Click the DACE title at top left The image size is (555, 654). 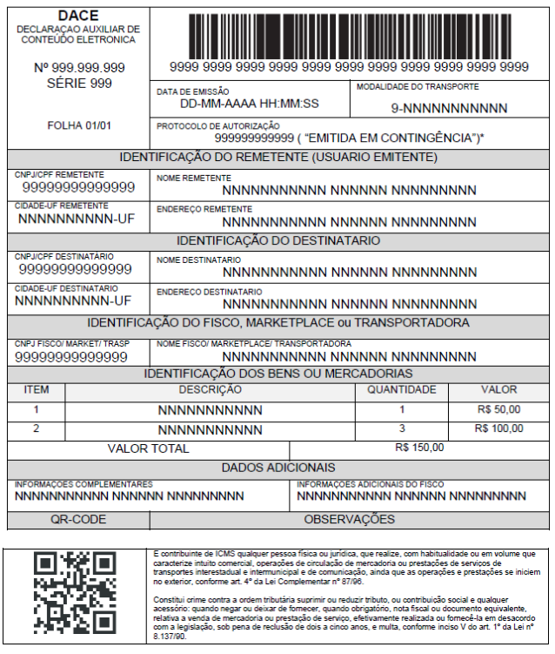[x=78, y=16]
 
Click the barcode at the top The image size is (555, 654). [x=349, y=33]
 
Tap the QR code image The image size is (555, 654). [x=74, y=592]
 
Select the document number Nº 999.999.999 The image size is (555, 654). [x=79, y=67]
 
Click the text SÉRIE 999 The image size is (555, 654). [x=79, y=84]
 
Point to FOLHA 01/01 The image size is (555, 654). [x=79, y=125]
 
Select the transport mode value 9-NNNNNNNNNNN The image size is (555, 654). [x=449, y=108]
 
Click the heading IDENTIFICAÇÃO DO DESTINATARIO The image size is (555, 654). [x=278, y=240]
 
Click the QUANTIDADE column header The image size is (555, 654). [x=402, y=389]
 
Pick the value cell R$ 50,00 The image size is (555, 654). [x=499, y=408]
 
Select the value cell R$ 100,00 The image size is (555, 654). [x=499, y=428]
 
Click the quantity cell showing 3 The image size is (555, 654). [x=402, y=428]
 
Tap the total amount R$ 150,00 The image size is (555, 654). [x=418, y=448]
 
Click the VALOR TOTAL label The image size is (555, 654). [x=148, y=448]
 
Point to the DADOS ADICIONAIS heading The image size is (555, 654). [x=278, y=468]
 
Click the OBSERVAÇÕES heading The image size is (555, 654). [x=349, y=520]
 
